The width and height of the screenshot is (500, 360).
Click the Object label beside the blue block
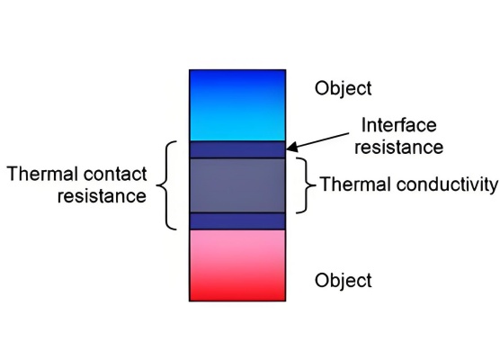click(344, 88)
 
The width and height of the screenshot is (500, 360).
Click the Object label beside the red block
click(344, 281)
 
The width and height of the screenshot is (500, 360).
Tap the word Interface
click(399, 125)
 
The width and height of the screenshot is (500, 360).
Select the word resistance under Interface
click(399, 147)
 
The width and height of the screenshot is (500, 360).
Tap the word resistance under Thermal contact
click(102, 196)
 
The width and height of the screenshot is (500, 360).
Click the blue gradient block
click(237, 105)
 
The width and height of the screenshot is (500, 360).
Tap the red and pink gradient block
click(237, 265)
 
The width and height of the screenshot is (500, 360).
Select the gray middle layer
click(237, 185)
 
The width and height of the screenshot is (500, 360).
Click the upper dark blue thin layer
click(237, 149)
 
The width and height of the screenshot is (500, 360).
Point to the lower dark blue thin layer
click(237, 221)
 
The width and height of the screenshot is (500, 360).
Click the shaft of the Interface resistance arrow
click(323, 140)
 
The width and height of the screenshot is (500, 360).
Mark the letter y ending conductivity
click(493, 187)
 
